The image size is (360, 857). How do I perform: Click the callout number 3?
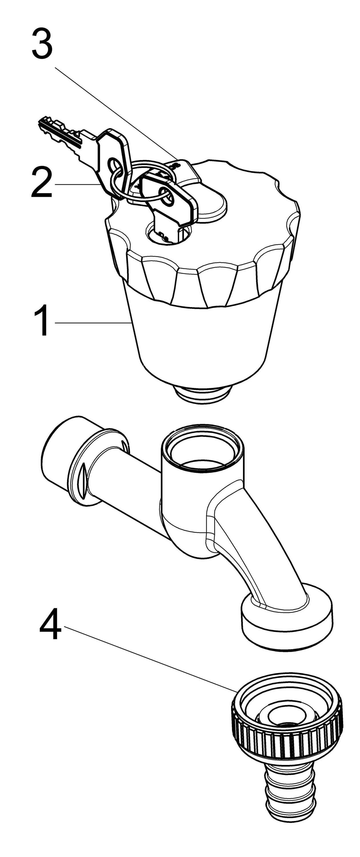click(x=42, y=44)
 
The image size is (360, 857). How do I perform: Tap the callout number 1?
click(x=42, y=321)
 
